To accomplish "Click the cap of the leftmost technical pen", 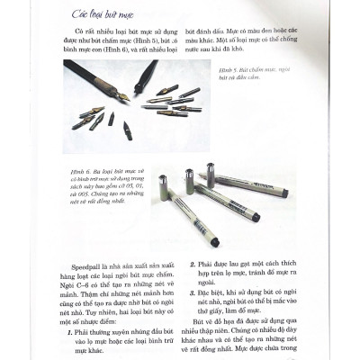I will pos(164,184).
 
